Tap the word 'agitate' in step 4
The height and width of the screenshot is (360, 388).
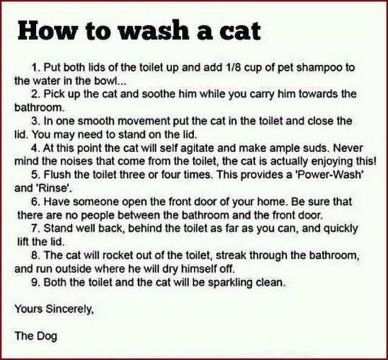click(194, 147)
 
